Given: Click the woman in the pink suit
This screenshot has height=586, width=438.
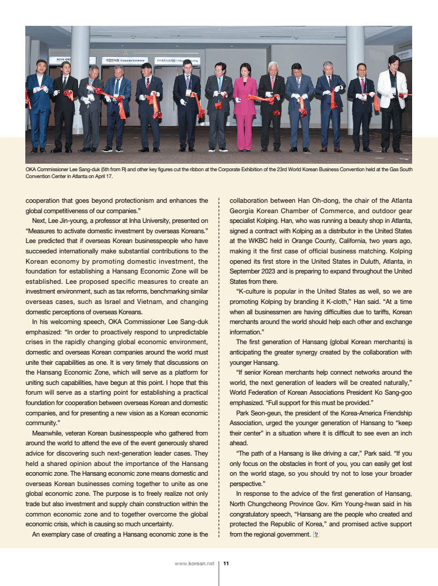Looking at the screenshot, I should coord(245,106).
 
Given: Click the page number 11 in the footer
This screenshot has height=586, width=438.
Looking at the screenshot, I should coord(226,564).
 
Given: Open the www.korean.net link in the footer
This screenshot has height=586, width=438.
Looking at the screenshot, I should coord(194,564).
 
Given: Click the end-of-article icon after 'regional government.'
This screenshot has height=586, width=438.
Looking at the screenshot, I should coord(316,534).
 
